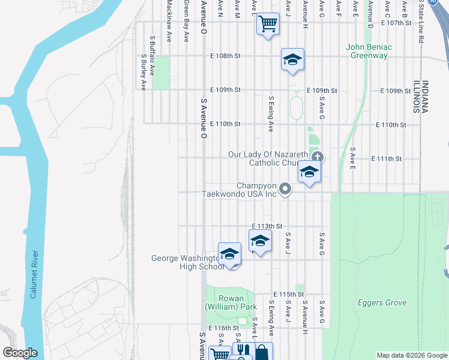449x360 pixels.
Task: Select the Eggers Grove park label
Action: [x=382, y=303]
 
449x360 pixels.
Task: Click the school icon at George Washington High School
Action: [x=229, y=254]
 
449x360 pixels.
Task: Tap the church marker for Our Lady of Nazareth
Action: [x=318, y=157]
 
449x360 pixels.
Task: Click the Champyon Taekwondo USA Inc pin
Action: [x=286, y=190]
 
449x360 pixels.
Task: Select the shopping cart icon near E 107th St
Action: [x=268, y=25]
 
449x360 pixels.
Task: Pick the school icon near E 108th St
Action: [x=292, y=59]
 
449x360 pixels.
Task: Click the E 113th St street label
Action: [x=267, y=226]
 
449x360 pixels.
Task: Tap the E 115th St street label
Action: [x=288, y=295]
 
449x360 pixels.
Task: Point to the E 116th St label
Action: [x=225, y=328]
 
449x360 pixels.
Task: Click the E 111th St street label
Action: [x=387, y=158]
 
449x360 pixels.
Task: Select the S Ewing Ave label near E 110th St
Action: [x=271, y=114]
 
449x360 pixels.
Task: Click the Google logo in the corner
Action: [x=20, y=353]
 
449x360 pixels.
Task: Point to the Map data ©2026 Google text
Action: [x=412, y=356]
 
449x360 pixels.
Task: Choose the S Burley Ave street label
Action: [x=144, y=73]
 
